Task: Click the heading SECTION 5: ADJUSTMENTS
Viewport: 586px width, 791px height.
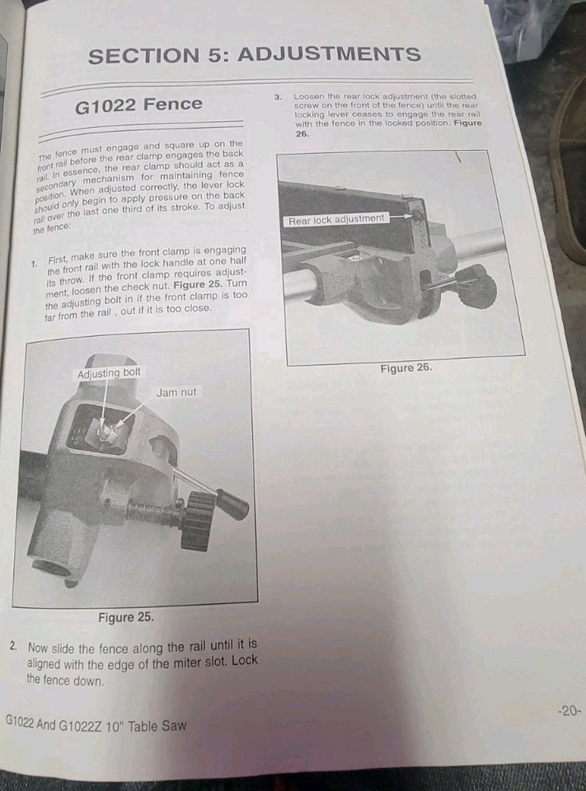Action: pyautogui.click(x=254, y=55)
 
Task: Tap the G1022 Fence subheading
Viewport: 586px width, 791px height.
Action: pyautogui.click(x=138, y=104)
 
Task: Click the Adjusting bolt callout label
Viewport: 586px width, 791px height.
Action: pyautogui.click(x=109, y=372)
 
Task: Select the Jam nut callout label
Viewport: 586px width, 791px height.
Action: pyautogui.click(x=176, y=392)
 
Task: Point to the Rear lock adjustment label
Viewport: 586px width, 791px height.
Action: pyautogui.click(x=335, y=219)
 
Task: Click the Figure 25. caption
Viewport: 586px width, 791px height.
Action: pyautogui.click(x=125, y=617)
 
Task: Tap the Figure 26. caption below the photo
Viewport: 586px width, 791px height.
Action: pyautogui.click(x=406, y=367)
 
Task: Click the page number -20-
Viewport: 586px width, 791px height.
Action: pyautogui.click(x=569, y=710)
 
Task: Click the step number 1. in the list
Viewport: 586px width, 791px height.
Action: pyautogui.click(x=35, y=264)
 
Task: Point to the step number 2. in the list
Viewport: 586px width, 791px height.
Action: pyautogui.click(x=14, y=647)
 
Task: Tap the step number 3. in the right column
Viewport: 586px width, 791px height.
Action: pyautogui.click(x=279, y=96)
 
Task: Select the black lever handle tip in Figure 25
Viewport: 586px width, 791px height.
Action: pyautogui.click(x=232, y=503)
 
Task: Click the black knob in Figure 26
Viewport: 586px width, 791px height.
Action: pyautogui.click(x=477, y=286)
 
